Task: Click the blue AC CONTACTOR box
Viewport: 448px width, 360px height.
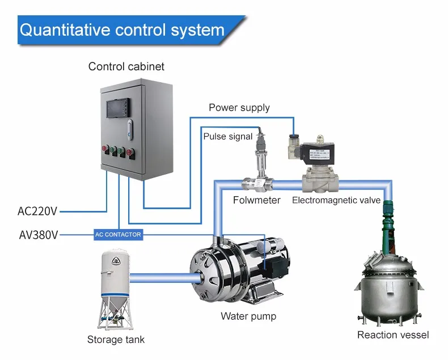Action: pos(118,234)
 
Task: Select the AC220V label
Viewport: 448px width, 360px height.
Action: pos(37,212)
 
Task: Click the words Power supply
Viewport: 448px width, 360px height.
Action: pos(239,108)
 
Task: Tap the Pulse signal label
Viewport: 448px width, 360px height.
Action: pos(228,137)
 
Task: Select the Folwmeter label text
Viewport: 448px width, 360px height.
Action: pos(256,200)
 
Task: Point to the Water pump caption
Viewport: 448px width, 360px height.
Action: pos(248,316)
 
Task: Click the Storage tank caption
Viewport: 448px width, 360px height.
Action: pos(116,340)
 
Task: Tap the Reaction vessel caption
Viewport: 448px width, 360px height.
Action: pos(393,334)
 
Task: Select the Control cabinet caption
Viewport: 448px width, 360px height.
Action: pos(126,66)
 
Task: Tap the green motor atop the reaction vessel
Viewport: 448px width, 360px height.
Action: pos(389,224)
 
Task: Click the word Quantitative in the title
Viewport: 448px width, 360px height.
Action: pos(64,29)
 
